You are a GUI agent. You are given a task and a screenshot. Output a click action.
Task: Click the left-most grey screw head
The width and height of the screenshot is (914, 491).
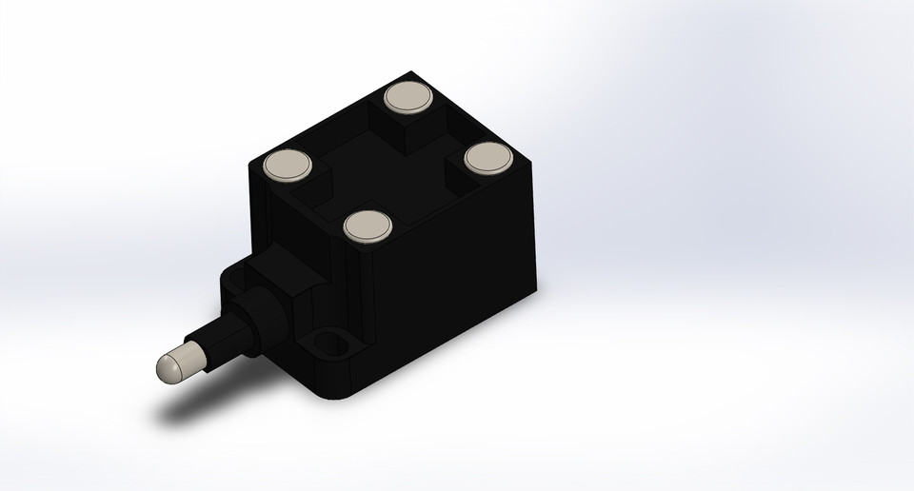point(288,165)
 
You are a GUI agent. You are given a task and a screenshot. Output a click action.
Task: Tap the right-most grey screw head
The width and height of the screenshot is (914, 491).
point(487,157)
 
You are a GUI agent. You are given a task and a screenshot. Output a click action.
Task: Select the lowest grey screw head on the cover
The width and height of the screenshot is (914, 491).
point(368,226)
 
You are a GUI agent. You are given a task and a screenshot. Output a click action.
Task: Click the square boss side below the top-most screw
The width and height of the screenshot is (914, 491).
point(405,133)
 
